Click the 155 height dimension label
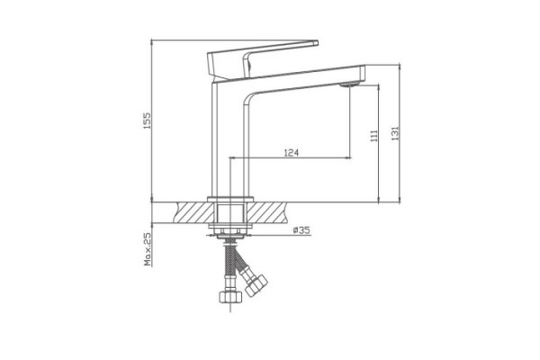[147, 121]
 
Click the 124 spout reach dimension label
[292, 152]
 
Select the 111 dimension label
[373, 136]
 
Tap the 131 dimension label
[395, 133]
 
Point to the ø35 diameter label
[301, 229]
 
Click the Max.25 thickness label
[148, 249]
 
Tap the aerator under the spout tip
[349, 85]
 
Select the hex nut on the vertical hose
[229, 297]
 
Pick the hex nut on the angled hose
[256, 285]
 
